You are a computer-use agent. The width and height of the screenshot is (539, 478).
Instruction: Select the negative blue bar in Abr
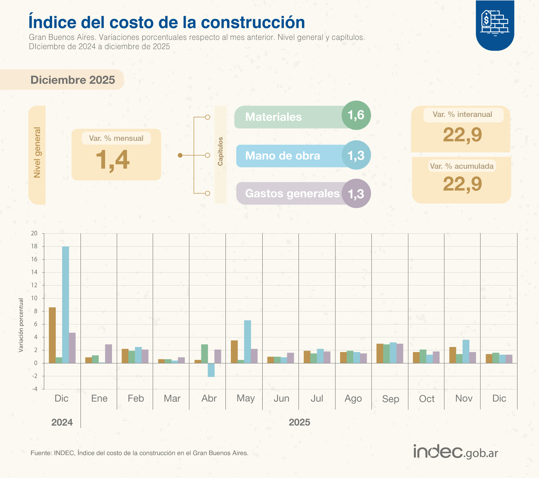211,370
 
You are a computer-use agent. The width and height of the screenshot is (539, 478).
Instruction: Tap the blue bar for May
247,342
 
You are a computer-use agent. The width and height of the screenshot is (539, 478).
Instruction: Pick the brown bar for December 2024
52,335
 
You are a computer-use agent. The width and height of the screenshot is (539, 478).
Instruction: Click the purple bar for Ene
108,354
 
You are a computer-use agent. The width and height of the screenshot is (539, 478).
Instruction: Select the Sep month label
390,399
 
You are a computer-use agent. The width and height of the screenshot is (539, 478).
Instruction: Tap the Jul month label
317,398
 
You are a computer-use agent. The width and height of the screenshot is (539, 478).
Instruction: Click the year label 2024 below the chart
62,422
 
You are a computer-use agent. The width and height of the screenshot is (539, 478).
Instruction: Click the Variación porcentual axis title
21,325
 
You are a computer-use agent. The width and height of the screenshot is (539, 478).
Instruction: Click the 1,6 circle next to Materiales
356,115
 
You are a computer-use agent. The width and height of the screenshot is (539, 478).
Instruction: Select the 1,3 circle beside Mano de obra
356,155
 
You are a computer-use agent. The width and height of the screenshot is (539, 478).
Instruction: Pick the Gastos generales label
292,194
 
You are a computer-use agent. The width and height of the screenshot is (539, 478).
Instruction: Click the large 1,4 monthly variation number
113,160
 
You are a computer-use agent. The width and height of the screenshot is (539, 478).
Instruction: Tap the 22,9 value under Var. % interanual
462,135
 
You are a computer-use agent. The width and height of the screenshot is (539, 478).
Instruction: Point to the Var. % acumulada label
462,166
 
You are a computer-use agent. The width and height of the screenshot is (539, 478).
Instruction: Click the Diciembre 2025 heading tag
73,80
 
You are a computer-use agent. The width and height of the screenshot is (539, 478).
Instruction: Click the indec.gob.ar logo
455,452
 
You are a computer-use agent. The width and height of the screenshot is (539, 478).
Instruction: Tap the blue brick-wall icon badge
495,24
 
